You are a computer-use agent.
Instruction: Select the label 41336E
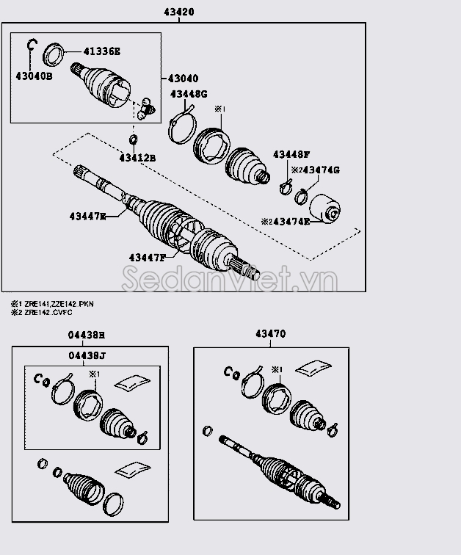[101, 51]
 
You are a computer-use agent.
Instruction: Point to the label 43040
[183, 78]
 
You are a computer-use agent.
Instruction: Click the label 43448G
[189, 94]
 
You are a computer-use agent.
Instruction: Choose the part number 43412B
[138, 158]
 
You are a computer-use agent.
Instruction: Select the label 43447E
[88, 216]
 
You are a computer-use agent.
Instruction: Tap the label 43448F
[291, 154]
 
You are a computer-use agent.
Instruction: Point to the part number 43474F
[285, 221]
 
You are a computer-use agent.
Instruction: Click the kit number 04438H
[87, 335]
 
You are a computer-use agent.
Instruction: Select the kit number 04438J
[87, 357]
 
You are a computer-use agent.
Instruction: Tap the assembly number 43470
[271, 334]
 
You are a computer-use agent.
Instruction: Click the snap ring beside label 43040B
[31, 46]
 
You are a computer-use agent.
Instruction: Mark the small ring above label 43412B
[134, 139]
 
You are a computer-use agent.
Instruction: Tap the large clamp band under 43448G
[180, 126]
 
